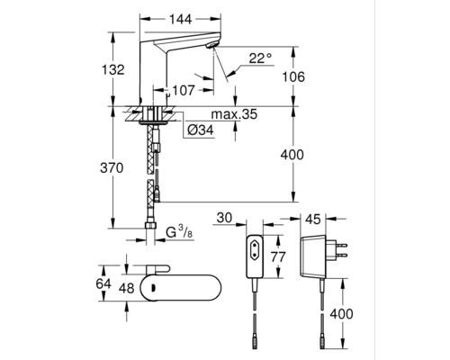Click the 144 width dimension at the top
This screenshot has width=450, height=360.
tap(181, 20)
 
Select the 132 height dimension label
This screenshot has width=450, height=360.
tap(113, 70)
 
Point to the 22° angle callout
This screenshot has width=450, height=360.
tap(260, 58)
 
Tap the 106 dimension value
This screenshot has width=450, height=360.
tap(293, 76)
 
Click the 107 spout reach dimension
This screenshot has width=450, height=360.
tap(184, 90)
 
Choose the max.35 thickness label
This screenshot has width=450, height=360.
tap(235, 114)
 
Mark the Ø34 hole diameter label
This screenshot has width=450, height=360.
tap(201, 130)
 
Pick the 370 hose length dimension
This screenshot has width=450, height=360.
tap(112, 168)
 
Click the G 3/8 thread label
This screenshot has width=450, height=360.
tap(179, 231)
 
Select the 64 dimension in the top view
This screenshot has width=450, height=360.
tap(103, 283)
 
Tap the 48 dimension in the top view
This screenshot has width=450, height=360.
tap(126, 288)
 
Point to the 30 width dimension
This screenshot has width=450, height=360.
tap(224, 218)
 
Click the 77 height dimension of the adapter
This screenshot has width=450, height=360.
tap(278, 257)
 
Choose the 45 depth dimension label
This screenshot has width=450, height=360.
tap(313, 220)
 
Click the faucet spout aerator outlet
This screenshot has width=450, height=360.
tap(211, 45)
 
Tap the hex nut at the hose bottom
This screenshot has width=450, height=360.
tap(150, 226)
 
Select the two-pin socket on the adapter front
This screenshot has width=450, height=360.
tap(255, 249)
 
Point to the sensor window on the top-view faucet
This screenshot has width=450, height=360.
tap(153, 288)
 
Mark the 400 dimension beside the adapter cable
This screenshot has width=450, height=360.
tap(341, 314)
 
